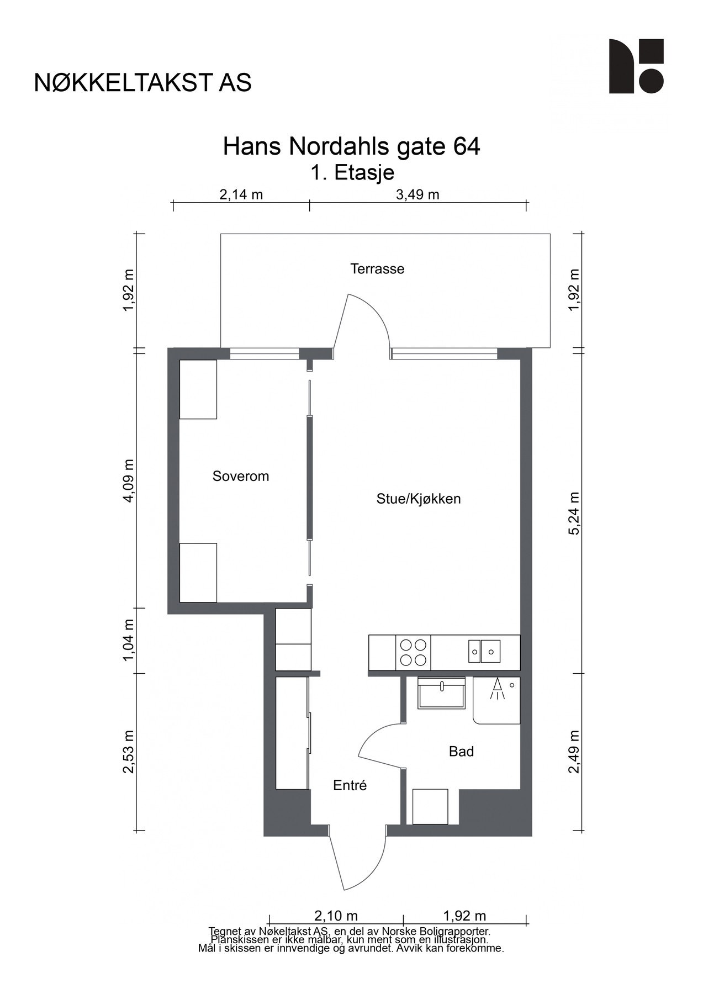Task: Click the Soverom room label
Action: pyautogui.click(x=240, y=476)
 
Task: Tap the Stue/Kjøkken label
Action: pyautogui.click(x=418, y=499)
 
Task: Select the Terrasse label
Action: pyautogui.click(x=377, y=269)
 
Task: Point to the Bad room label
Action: pyautogui.click(x=461, y=752)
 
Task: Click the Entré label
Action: pyautogui.click(x=350, y=785)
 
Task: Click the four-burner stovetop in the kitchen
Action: pyautogui.click(x=413, y=652)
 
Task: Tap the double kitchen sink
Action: pyautogui.click(x=484, y=651)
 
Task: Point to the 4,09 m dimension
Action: pyautogui.click(x=129, y=481)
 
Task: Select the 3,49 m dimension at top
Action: pyautogui.click(x=417, y=194)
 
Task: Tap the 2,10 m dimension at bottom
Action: pyautogui.click(x=336, y=916)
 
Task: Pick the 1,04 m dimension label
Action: pyautogui.click(x=129, y=640)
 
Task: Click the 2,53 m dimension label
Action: pyautogui.click(x=129, y=752)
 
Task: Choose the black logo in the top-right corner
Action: pyautogui.click(x=636, y=66)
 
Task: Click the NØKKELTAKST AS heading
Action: pyautogui.click(x=143, y=82)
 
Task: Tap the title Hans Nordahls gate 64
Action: pyautogui.click(x=351, y=147)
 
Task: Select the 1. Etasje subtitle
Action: pyautogui.click(x=352, y=173)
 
